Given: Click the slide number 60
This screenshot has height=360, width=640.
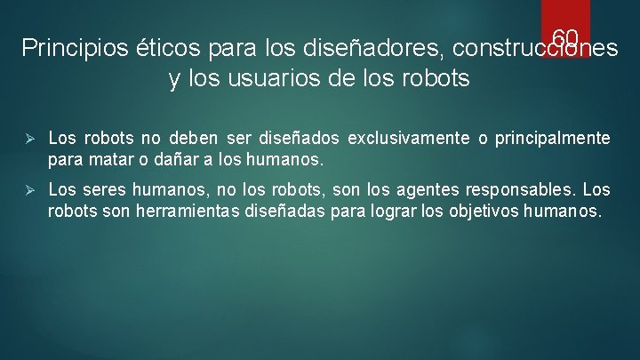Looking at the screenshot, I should [x=565, y=37].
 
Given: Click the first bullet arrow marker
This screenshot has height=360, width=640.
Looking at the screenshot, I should [x=28, y=139].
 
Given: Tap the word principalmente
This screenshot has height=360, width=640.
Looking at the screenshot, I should [x=553, y=139].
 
